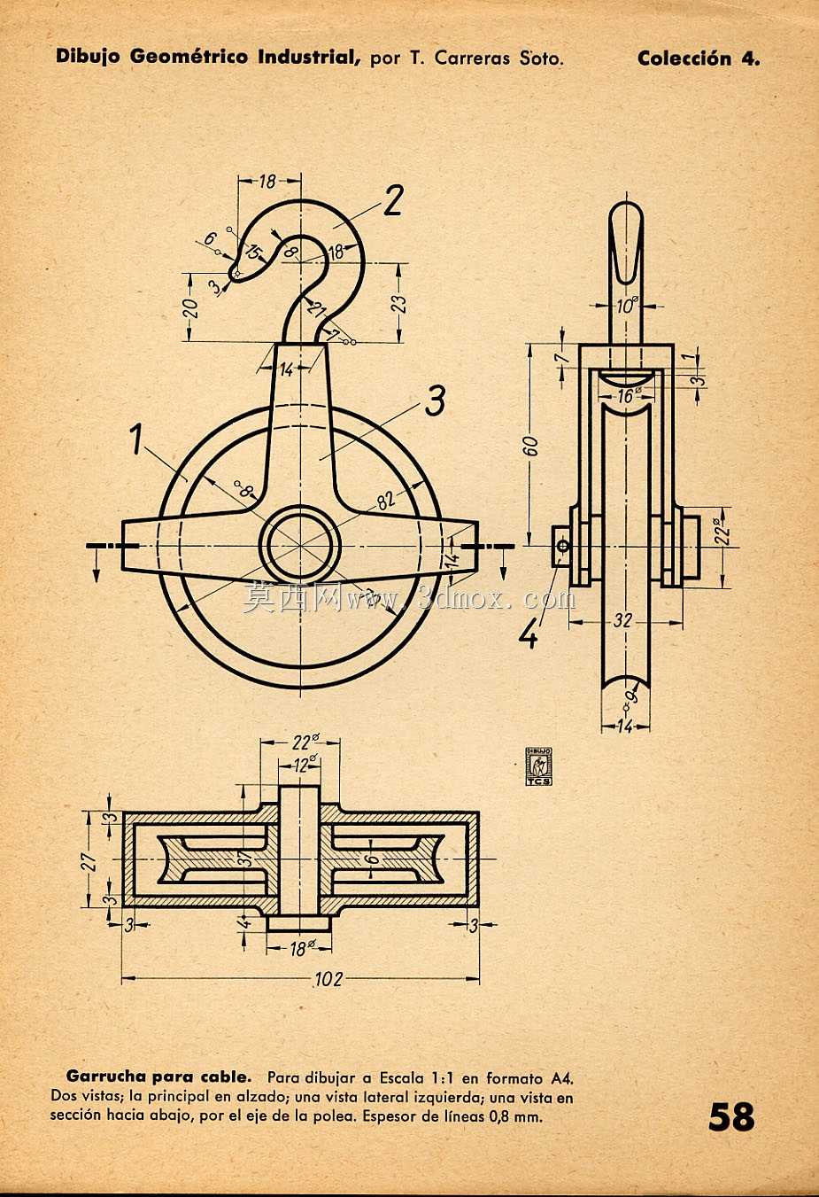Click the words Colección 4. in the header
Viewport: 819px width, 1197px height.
pos(699,58)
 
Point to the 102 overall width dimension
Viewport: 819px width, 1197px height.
pos(328,979)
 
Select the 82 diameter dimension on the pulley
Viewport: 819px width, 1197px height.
pos(386,501)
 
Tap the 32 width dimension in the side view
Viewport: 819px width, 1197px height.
pos(622,620)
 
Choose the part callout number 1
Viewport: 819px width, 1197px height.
pos(137,439)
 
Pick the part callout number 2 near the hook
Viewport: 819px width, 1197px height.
pos(393,200)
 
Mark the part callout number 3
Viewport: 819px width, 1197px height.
pos(435,402)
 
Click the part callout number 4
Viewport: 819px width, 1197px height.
pos(529,635)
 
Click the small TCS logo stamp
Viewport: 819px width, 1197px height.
pos(538,766)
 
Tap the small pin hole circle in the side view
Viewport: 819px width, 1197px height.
pos(562,546)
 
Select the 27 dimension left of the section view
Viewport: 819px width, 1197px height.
pos(91,859)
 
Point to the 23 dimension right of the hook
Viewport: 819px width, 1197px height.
pos(401,303)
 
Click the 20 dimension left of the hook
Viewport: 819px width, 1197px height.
pos(191,308)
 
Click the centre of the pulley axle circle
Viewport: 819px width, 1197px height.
pos(303,546)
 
